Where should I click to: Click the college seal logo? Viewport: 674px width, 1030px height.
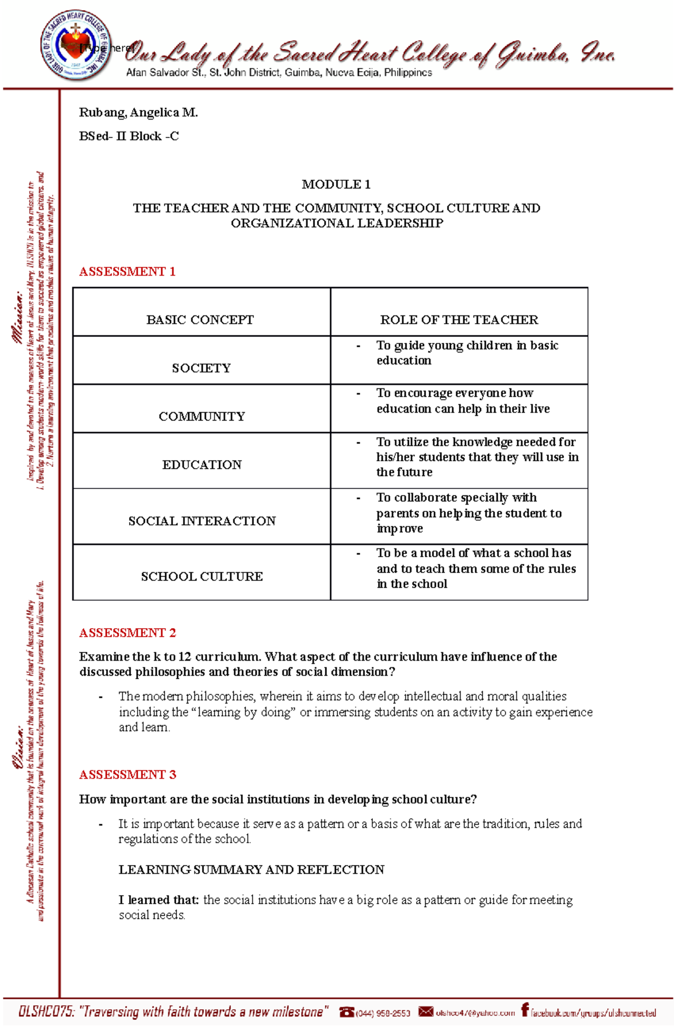point(75,45)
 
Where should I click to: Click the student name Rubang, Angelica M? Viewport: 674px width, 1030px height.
point(138,112)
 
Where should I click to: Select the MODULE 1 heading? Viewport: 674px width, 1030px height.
point(336,184)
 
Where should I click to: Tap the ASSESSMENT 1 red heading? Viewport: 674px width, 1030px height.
point(127,272)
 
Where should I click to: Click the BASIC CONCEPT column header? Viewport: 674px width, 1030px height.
point(200,319)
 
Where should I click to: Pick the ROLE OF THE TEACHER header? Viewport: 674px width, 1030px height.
point(459,319)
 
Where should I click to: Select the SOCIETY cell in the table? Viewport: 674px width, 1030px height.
point(201,368)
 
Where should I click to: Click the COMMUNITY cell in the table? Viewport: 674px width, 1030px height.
point(202,416)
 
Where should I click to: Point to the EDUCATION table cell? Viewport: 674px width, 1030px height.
point(202,464)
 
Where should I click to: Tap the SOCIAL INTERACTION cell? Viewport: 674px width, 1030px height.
point(202,520)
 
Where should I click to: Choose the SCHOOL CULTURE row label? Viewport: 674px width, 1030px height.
point(202,576)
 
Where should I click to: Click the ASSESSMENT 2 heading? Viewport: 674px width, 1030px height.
point(127,633)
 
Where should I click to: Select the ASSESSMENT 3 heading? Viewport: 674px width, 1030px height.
point(127,775)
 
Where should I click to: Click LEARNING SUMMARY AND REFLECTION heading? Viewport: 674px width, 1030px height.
point(251,869)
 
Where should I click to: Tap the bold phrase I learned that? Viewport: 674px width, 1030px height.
point(158,900)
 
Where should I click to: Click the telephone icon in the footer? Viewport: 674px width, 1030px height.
point(347,1011)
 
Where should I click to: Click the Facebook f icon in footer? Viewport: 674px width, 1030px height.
point(525,1010)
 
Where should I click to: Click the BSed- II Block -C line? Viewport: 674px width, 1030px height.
point(129,136)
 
